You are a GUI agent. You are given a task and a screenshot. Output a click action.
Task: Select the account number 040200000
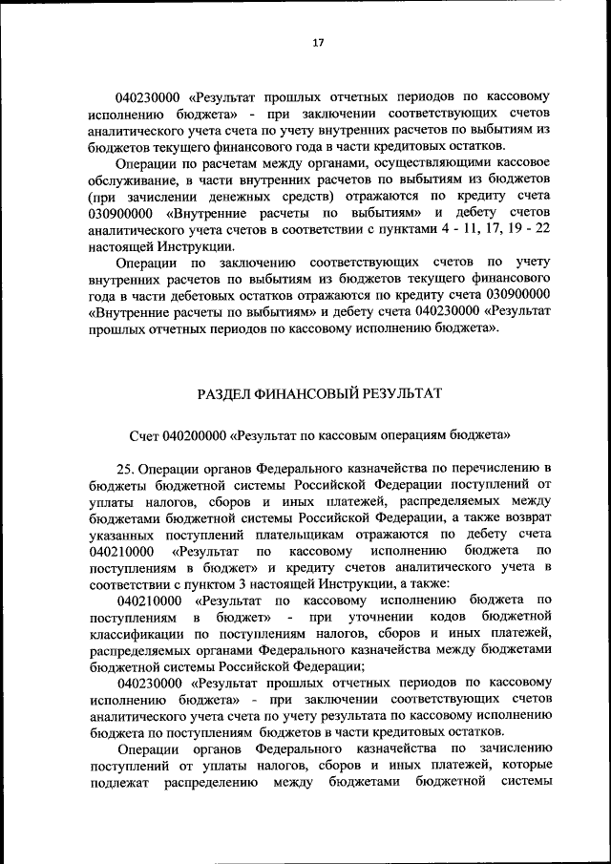tap(194, 434)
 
